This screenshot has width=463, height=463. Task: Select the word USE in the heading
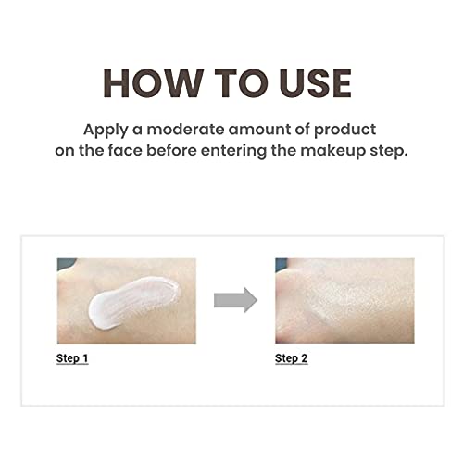(x=312, y=82)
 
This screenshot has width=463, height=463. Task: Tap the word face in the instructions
(x=144, y=151)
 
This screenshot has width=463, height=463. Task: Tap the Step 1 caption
(x=72, y=358)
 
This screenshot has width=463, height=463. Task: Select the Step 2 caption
(x=291, y=358)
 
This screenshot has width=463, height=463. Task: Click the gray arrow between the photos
(x=234, y=299)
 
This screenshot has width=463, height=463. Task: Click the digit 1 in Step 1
(x=85, y=358)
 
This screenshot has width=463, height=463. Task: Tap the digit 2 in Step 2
(x=304, y=358)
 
